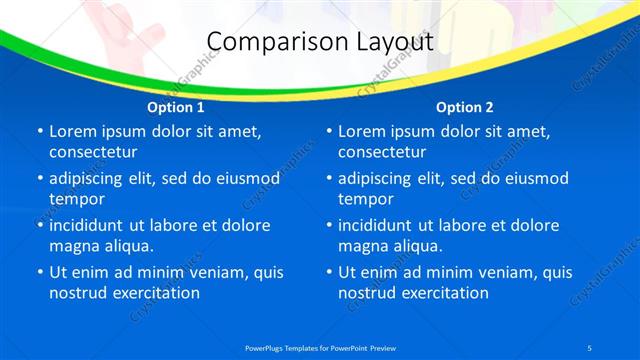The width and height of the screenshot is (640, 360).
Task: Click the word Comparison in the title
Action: coord(268,42)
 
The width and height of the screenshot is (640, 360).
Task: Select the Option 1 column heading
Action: coord(176,106)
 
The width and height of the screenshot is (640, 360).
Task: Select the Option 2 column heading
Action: coord(465,106)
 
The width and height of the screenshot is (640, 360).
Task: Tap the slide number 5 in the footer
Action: coord(592,347)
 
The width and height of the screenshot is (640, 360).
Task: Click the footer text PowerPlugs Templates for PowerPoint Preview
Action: coord(320,347)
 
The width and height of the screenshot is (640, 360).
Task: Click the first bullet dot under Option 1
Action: coord(40,132)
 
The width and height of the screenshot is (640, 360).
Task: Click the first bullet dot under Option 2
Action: coord(329,132)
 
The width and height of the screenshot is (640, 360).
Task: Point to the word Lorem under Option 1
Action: coord(73,131)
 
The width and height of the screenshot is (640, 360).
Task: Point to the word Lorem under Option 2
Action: coord(362,131)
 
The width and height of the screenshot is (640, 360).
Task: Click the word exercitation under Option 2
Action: coord(443,293)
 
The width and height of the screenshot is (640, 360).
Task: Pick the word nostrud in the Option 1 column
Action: coord(77,293)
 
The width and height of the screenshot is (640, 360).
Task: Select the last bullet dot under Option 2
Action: coord(329,272)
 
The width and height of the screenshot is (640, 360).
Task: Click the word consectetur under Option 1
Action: coord(93,152)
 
